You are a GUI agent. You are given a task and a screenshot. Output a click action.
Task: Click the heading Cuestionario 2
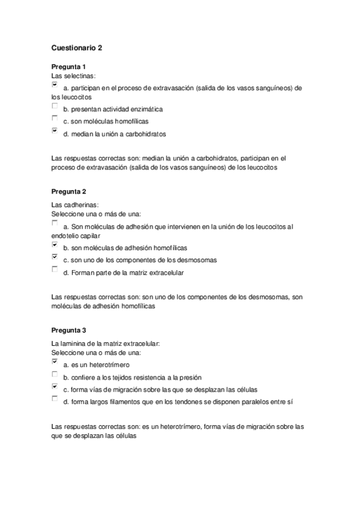77,48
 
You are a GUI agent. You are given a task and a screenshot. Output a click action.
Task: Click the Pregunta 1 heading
69,66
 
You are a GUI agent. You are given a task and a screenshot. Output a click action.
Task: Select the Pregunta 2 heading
69,191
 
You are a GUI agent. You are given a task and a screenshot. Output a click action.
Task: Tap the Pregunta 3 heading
69,330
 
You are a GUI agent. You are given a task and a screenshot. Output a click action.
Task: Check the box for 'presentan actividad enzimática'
55,107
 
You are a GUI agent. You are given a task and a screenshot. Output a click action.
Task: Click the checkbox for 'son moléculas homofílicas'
55,118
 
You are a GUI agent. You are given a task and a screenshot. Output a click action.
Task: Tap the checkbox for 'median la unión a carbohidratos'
55,131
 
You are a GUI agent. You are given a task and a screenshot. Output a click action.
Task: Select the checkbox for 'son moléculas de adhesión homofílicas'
55,245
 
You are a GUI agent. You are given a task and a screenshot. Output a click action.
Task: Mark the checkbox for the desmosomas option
55,257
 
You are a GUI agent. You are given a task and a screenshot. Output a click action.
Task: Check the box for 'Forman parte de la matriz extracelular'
55,269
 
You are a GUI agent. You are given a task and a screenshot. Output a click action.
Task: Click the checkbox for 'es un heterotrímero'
55,362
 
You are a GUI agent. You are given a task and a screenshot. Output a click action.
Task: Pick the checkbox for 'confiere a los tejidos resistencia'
55,374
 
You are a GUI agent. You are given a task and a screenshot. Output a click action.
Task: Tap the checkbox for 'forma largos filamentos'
55,399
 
